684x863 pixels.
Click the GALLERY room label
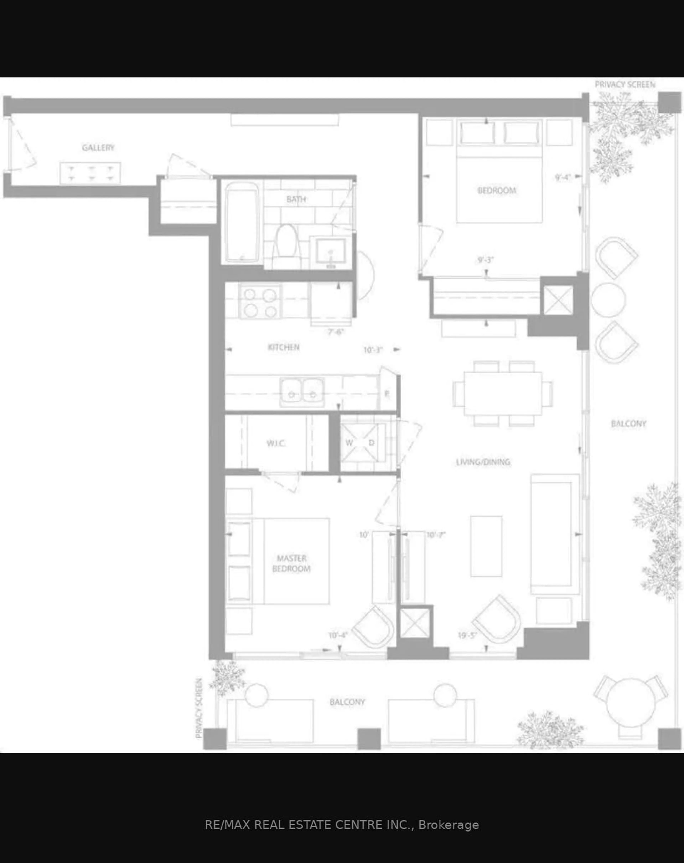click(98, 148)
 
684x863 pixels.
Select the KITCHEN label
click(284, 347)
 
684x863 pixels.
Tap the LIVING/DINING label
click(483, 462)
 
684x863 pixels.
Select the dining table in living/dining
click(503, 393)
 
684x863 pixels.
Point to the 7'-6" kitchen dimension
click(336, 332)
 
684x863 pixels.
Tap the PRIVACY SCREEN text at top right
click(625, 84)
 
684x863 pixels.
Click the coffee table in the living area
click(486, 546)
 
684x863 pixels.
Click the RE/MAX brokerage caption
click(342, 825)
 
